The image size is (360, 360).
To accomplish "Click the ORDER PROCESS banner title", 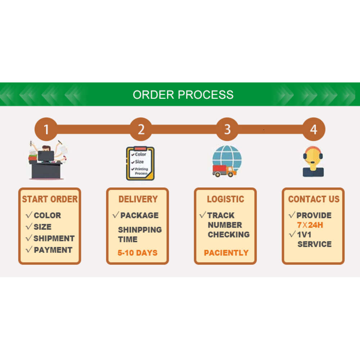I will pyautogui.click(x=183, y=95).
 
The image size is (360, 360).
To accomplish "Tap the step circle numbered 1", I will pyautogui.click(x=46, y=129).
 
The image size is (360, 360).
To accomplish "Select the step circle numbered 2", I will pyautogui.click(x=141, y=129).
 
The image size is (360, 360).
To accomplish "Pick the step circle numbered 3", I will pyautogui.click(x=227, y=129).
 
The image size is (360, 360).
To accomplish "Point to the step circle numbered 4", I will pyautogui.click(x=313, y=129).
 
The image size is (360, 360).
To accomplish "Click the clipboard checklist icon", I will pyautogui.click(x=140, y=163).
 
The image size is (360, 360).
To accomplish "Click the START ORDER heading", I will pyautogui.click(x=50, y=199).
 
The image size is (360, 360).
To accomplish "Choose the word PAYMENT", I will pyautogui.click(x=53, y=250).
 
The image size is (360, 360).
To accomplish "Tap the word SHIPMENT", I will pyautogui.click(x=54, y=238).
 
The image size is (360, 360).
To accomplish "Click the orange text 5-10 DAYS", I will pyautogui.click(x=138, y=253).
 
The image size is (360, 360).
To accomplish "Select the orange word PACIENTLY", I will pyautogui.click(x=226, y=253).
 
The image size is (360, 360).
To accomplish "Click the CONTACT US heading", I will pyautogui.click(x=314, y=199).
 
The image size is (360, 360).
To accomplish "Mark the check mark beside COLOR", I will pyautogui.click(x=29, y=215).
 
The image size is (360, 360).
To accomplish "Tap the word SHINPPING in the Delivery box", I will pyautogui.click(x=140, y=230).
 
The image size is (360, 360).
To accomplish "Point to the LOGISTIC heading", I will pyautogui.click(x=225, y=199).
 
